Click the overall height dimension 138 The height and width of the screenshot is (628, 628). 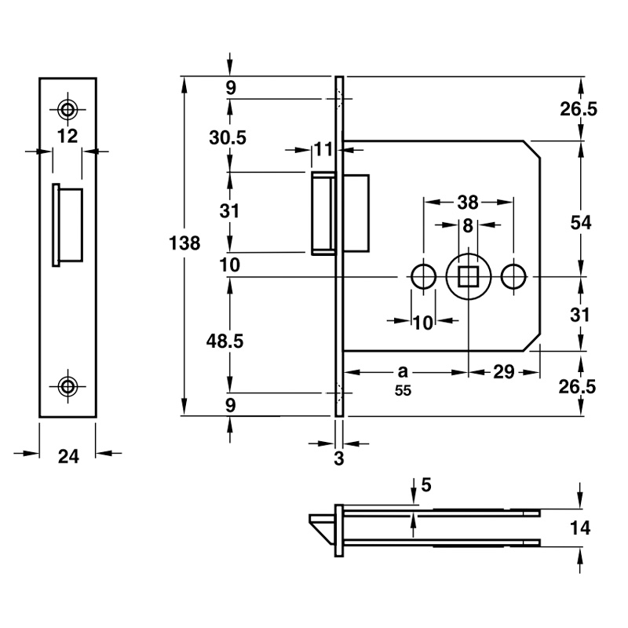185,243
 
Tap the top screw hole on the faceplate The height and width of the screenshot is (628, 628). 68,108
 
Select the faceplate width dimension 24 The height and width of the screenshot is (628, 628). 68,456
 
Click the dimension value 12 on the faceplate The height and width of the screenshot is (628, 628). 68,136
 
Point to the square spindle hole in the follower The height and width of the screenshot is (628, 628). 468,276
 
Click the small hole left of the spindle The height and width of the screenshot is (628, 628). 424,276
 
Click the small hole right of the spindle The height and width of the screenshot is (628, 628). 513,276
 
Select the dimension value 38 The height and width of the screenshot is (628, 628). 469,202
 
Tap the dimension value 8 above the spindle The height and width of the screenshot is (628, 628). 468,226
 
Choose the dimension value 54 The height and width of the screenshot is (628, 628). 580,223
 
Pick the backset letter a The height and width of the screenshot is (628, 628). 403,370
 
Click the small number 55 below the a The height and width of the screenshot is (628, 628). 403,390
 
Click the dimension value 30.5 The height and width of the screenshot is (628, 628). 228,137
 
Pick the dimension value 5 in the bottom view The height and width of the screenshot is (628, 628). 425,485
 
